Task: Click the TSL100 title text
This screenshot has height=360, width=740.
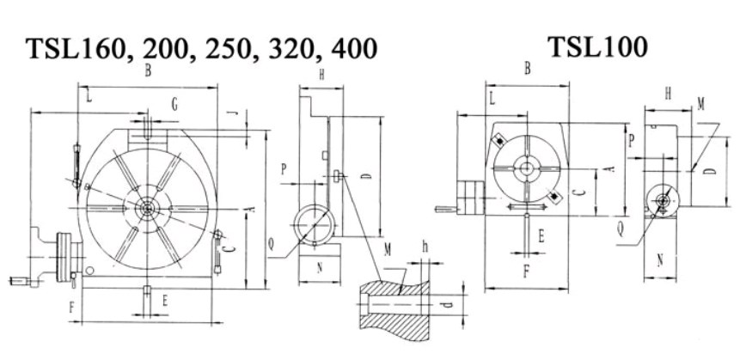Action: [x=597, y=47]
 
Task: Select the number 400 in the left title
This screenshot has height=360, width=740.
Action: [x=354, y=49]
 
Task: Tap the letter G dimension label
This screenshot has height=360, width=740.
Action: [x=174, y=105]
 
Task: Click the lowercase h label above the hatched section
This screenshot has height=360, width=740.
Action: [x=425, y=247]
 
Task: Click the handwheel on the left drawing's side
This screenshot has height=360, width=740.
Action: [x=63, y=257]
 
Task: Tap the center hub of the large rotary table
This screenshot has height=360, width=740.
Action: [x=147, y=208]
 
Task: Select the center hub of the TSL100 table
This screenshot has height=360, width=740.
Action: [x=526, y=168]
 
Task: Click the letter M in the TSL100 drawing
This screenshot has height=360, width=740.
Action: [x=700, y=105]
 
